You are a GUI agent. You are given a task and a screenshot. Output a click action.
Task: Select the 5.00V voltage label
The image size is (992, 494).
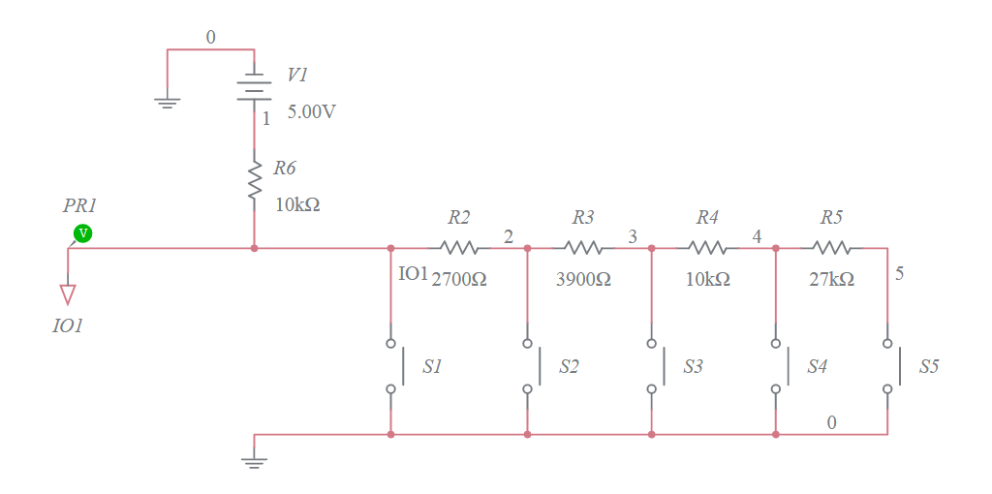point(312,111)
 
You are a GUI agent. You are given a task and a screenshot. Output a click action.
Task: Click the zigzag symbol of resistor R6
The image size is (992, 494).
point(254,181)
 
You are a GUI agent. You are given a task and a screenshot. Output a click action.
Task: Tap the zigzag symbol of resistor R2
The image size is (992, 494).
point(459,248)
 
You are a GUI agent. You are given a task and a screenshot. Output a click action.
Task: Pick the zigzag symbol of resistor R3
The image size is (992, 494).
point(583,248)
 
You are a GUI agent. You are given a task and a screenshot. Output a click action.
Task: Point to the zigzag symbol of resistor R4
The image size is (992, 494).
point(707,248)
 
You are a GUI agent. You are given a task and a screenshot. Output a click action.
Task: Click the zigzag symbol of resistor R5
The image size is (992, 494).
point(831,248)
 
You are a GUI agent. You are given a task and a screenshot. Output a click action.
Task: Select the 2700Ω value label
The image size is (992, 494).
point(458,279)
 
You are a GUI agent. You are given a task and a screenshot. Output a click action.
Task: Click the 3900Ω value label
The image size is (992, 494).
point(583,279)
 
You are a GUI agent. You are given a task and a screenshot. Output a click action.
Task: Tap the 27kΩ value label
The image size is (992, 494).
point(831,279)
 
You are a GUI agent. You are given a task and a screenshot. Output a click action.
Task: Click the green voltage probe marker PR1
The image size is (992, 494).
point(83,232)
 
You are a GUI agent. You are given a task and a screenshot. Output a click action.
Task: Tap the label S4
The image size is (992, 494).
point(818,367)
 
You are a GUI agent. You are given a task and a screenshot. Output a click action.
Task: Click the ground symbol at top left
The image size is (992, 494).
point(168,101)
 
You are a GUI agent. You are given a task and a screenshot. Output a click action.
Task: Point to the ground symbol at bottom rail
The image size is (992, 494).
point(254,459)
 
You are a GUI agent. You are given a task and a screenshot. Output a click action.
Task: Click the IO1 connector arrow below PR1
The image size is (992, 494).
point(68,293)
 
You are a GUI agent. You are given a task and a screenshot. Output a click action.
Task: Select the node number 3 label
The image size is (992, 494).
point(633,236)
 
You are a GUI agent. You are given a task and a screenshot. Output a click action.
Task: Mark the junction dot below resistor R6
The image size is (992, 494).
point(254,248)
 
